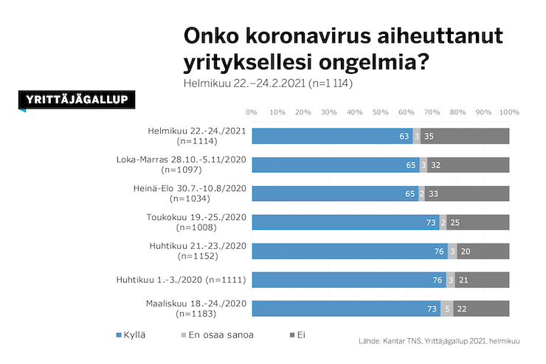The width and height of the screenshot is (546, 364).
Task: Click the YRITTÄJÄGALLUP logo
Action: point(77,100)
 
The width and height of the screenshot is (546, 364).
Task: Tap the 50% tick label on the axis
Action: point(380,112)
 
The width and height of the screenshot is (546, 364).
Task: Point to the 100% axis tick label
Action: point(509,112)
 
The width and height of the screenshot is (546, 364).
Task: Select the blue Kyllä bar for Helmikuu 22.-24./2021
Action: point(332,136)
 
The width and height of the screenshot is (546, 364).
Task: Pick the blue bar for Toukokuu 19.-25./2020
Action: point(345,222)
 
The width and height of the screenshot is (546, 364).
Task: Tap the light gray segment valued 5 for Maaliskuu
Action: point(446,309)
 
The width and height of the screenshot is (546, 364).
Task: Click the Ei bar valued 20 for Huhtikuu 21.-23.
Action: point(483,251)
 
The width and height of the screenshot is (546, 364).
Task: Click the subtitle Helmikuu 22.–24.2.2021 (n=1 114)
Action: point(268,83)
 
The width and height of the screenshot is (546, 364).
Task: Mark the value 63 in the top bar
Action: point(404,137)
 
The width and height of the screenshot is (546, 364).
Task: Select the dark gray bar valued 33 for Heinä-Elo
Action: point(467,193)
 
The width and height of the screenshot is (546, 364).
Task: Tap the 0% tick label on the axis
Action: point(252,112)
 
